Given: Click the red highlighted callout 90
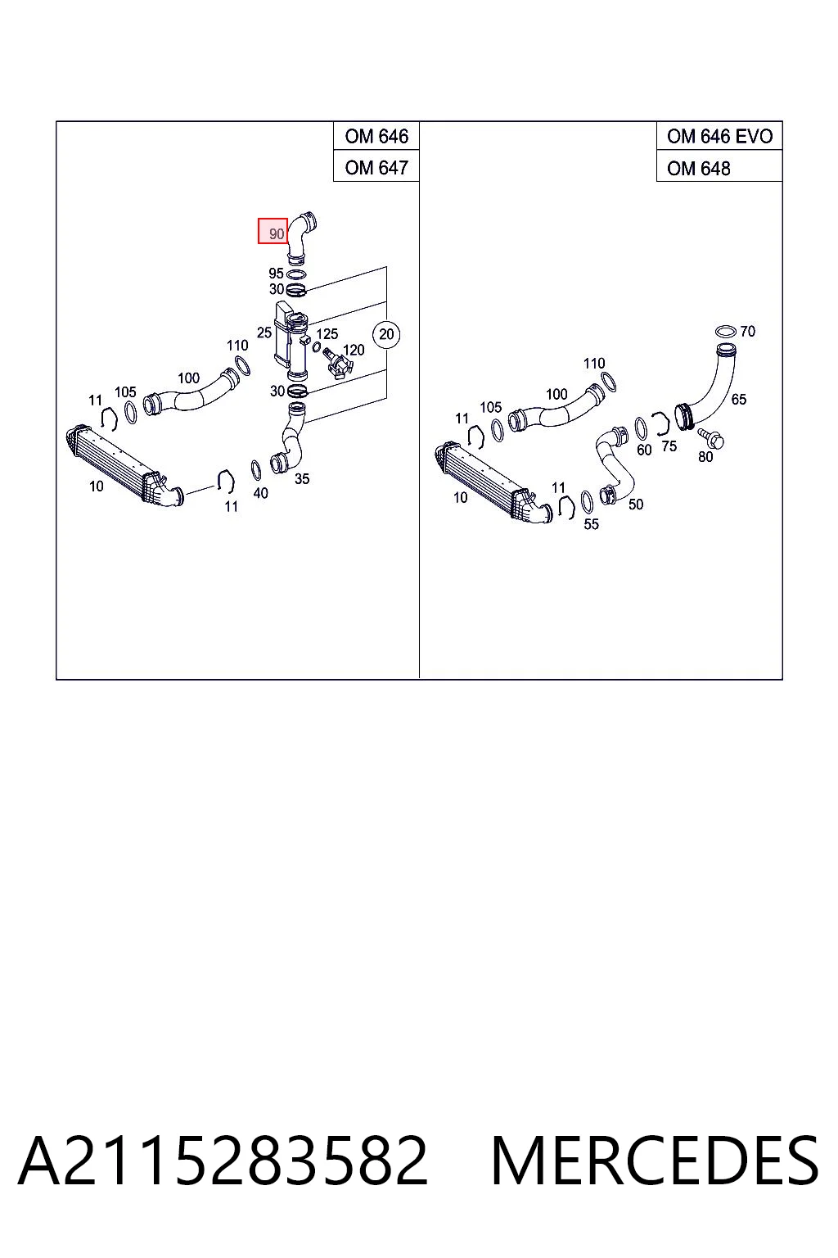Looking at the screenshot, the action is [x=273, y=231].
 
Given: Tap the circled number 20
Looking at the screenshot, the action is [x=386, y=334].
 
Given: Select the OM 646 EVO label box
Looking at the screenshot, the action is [x=719, y=136].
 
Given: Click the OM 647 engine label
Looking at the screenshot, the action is [x=376, y=167].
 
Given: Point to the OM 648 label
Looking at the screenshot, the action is [x=698, y=168].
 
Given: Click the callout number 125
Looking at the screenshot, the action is [x=327, y=333].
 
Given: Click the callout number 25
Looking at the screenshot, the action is [x=264, y=333].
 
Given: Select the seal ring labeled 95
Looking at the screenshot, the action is [x=296, y=274].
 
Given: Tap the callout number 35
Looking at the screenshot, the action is [x=302, y=479].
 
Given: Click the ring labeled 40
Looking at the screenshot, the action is [x=256, y=470].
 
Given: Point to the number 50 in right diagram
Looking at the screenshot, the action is [x=635, y=505].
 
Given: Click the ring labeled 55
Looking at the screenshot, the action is [x=587, y=501].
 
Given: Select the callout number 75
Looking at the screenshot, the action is [x=669, y=446].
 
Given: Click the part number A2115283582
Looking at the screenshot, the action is [x=223, y=1161].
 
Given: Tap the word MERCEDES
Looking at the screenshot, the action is [x=655, y=1161].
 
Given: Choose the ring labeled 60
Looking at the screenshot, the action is [x=641, y=428].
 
